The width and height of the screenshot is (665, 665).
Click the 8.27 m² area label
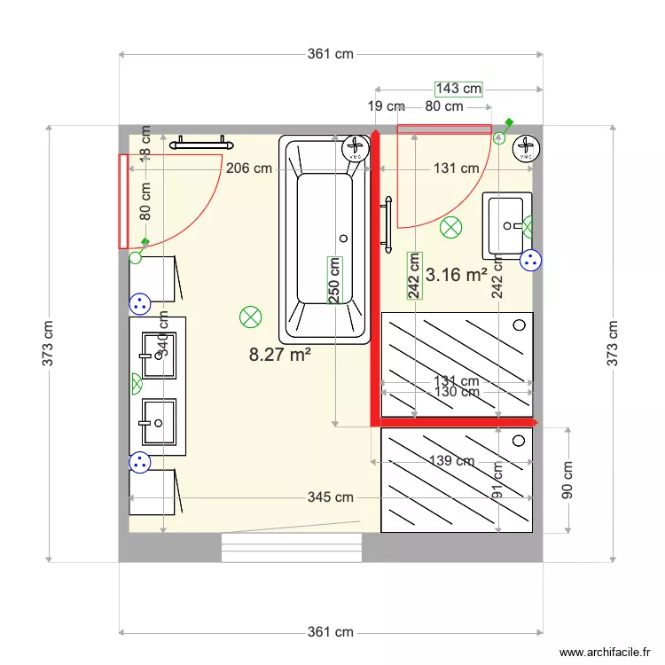click(x=279, y=356)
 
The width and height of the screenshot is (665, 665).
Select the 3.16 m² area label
click(x=457, y=275)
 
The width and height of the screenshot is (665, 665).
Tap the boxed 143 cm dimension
click(x=458, y=88)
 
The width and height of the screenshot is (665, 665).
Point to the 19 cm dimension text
click(x=386, y=106)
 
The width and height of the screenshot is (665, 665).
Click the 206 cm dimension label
click(x=248, y=168)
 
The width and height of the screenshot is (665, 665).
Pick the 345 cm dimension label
click(x=331, y=497)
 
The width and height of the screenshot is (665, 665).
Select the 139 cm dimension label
click(x=451, y=461)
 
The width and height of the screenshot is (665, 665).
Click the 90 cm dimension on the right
click(x=567, y=480)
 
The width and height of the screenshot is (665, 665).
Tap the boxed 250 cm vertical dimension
click(x=334, y=280)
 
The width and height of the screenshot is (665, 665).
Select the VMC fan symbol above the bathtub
click(x=356, y=148)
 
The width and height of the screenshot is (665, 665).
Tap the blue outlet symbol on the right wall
click(x=530, y=261)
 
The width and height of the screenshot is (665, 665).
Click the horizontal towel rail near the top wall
click(x=201, y=141)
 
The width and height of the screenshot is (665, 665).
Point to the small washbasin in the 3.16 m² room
click(x=506, y=224)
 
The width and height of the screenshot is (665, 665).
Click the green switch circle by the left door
click(x=136, y=257)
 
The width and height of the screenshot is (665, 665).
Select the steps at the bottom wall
click(x=292, y=547)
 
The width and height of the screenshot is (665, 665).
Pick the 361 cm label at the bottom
click(x=331, y=632)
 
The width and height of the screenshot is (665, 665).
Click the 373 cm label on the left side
click(x=50, y=343)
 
